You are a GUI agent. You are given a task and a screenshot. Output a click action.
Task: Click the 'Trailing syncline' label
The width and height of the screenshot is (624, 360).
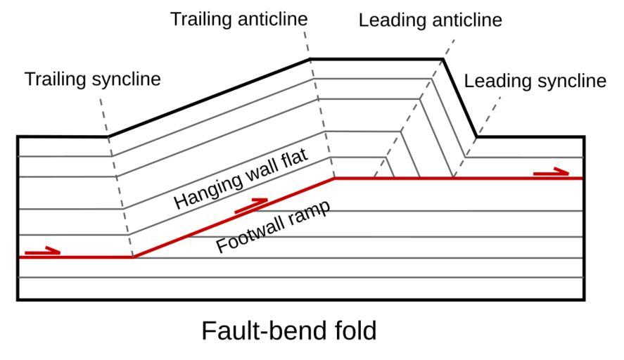click(92, 79)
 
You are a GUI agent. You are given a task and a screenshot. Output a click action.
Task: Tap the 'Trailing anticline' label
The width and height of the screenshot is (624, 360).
click(238, 19)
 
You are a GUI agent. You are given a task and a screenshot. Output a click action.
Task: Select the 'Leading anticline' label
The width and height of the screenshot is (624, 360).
click(430, 20)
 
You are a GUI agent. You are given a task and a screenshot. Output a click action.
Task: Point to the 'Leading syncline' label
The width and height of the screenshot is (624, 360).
click(535, 81)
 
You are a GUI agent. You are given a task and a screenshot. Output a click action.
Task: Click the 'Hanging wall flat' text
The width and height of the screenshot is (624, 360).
click(241, 179)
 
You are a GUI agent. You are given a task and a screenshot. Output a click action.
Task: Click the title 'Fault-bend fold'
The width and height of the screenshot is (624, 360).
click(288, 330)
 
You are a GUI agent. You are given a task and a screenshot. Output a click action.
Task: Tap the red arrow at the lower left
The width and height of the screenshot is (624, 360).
click(42, 251)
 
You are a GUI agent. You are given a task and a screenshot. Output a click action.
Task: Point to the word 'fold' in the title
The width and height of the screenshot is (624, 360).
click(355, 330)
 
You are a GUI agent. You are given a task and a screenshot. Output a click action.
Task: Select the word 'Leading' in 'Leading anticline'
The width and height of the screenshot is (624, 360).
click(391, 20)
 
